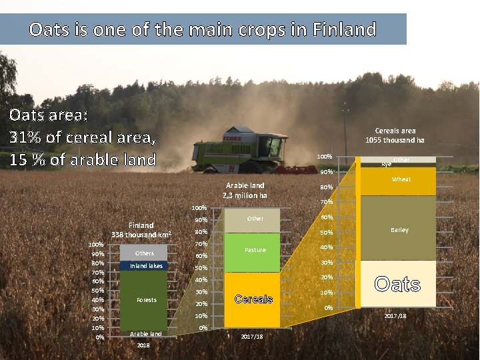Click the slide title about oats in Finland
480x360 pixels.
203,30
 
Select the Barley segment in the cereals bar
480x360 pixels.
399,229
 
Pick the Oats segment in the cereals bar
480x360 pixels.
398,284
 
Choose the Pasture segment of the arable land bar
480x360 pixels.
252,251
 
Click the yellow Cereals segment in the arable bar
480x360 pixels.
252,299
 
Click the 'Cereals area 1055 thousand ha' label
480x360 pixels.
395,135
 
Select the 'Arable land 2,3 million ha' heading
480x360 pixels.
245,190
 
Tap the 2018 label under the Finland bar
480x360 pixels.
143,345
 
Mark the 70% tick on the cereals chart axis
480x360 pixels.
325,202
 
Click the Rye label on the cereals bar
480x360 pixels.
385,163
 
